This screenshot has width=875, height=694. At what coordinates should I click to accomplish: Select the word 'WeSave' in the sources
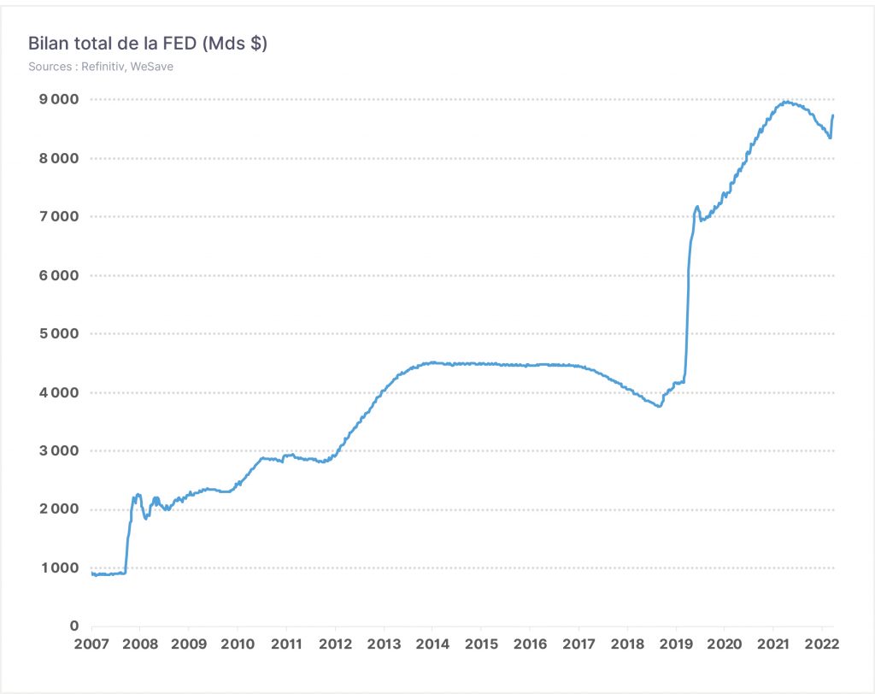(152, 67)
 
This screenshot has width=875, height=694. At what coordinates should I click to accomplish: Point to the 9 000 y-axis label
(59, 99)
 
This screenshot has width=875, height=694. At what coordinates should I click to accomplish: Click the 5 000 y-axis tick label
(59, 333)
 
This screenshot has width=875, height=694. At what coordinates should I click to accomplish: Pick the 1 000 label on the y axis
(60, 568)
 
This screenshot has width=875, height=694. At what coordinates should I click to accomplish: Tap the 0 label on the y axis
(74, 626)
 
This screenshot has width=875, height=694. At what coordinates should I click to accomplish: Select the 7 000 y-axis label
(59, 216)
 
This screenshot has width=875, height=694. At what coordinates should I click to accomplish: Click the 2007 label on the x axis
(91, 644)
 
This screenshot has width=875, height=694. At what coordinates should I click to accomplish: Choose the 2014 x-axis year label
(432, 644)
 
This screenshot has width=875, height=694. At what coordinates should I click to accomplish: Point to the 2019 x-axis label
(676, 644)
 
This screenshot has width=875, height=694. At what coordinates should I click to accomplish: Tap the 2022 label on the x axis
(822, 644)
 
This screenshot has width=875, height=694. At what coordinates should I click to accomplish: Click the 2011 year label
(286, 644)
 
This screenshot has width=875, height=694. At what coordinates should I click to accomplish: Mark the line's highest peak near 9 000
(786, 102)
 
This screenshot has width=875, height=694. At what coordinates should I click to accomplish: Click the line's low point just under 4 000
(659, 406)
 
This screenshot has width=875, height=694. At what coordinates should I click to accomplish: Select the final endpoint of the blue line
(832, 115)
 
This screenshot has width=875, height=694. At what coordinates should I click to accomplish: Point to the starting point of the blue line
(91, 573)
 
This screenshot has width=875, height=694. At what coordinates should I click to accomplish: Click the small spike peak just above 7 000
(697, 207)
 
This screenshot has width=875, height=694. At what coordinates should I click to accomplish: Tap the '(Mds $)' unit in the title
(234, 43)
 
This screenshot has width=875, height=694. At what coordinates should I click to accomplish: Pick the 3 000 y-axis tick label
(59, 450)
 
